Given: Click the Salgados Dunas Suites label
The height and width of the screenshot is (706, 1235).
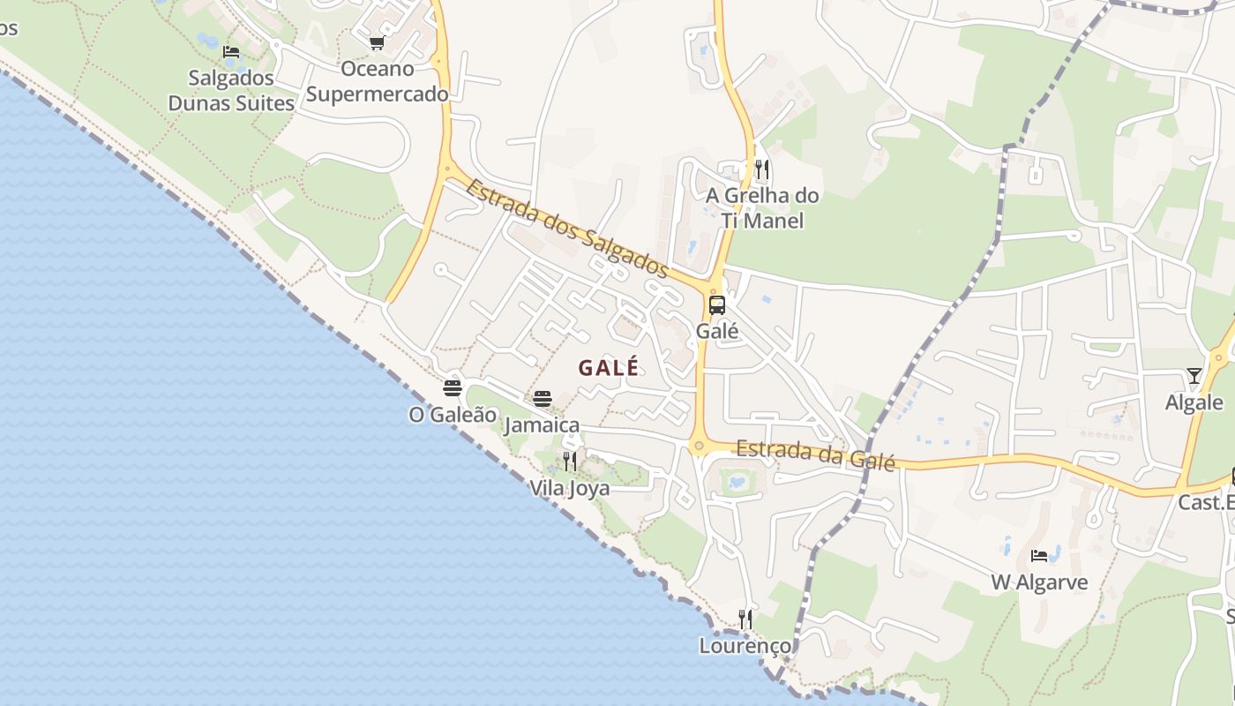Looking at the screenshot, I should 231,90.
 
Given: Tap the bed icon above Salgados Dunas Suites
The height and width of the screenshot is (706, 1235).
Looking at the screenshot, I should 231,52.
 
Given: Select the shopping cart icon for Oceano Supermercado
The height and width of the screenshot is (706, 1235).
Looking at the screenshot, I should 377,42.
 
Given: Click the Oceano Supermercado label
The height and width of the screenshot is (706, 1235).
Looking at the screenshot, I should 377,81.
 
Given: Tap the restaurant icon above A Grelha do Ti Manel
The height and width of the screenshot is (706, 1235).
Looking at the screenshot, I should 761,169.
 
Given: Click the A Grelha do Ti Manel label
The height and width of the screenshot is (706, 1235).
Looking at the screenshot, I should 762,207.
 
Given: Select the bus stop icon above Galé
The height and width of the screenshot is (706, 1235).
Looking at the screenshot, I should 717,305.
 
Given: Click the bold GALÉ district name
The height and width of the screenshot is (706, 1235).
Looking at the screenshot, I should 609,368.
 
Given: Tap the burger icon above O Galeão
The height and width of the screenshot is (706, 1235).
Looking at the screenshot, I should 453,387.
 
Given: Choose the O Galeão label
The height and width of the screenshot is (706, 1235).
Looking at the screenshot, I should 453,414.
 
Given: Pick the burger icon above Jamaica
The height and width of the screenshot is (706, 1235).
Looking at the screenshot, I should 543,399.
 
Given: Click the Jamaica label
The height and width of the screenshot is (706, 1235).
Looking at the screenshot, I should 543,425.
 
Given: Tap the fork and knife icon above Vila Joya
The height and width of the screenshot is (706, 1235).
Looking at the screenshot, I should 570,462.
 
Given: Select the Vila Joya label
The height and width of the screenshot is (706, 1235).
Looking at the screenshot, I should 570,488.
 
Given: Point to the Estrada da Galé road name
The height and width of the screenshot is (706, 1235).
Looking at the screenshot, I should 816,454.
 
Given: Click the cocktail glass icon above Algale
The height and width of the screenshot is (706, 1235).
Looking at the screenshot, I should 1194,376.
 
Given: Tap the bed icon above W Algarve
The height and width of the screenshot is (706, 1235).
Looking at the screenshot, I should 1039,556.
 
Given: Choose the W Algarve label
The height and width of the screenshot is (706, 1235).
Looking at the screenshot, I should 1039,582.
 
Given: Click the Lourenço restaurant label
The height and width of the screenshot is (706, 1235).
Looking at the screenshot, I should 745,646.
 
